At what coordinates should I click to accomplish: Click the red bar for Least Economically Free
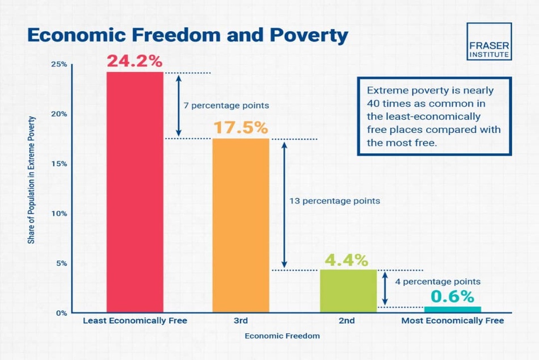coord(135,192)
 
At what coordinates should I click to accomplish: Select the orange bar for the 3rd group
coord(241,225)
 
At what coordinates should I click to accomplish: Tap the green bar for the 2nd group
coord(348,291)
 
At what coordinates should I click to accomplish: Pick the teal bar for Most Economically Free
coord(452,309)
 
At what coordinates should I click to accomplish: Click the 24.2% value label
coord(134,61)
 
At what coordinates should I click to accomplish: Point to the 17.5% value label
coord(241,128)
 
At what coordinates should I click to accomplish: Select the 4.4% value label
coord(347,260)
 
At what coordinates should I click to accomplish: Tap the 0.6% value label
coord(452,296)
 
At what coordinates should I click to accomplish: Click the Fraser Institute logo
coord(489,41)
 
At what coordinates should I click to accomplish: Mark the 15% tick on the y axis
coord(59,164)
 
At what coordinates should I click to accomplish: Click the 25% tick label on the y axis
coord(59,64)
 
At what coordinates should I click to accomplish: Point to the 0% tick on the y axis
coord(61,313)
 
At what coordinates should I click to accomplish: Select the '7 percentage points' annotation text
coord(226,105)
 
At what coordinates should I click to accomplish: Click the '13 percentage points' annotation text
coord(335,201)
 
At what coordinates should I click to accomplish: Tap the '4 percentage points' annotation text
coord(437,282)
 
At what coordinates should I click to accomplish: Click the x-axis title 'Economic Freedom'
coord(282,336)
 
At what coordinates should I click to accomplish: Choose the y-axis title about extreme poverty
coord(31,180)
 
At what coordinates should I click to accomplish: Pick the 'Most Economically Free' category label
coord(453,321)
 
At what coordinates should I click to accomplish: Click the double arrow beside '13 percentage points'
coord(284,205)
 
